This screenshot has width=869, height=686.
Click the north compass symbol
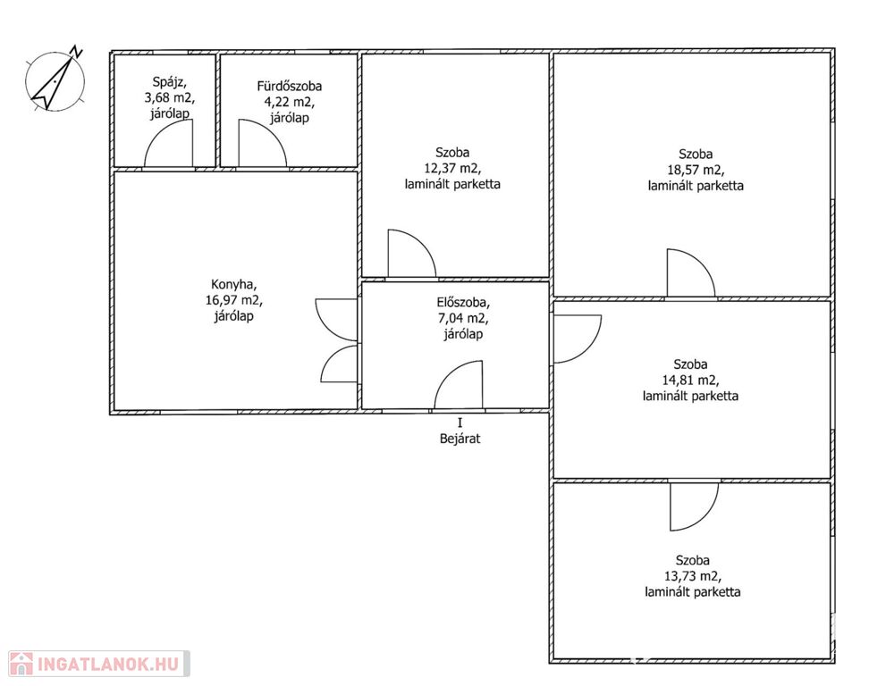click(55, 81)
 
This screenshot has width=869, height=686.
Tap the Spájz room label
click(169, 82)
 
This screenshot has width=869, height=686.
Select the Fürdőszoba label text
click(290, 86)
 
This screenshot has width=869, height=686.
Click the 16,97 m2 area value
click(233, 300)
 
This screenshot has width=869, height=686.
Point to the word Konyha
click(233, 285)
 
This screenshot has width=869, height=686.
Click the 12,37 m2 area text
click(452, 168)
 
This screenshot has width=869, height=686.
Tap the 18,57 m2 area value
click(696, 170)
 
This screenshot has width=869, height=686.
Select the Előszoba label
click(463, 302)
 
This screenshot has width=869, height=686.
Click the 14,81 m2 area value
click(690, 380)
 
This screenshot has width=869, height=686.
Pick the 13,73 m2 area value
click(693, 576)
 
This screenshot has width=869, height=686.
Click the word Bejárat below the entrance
click(460, 439)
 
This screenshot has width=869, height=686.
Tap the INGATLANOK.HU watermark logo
click(99, 664)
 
